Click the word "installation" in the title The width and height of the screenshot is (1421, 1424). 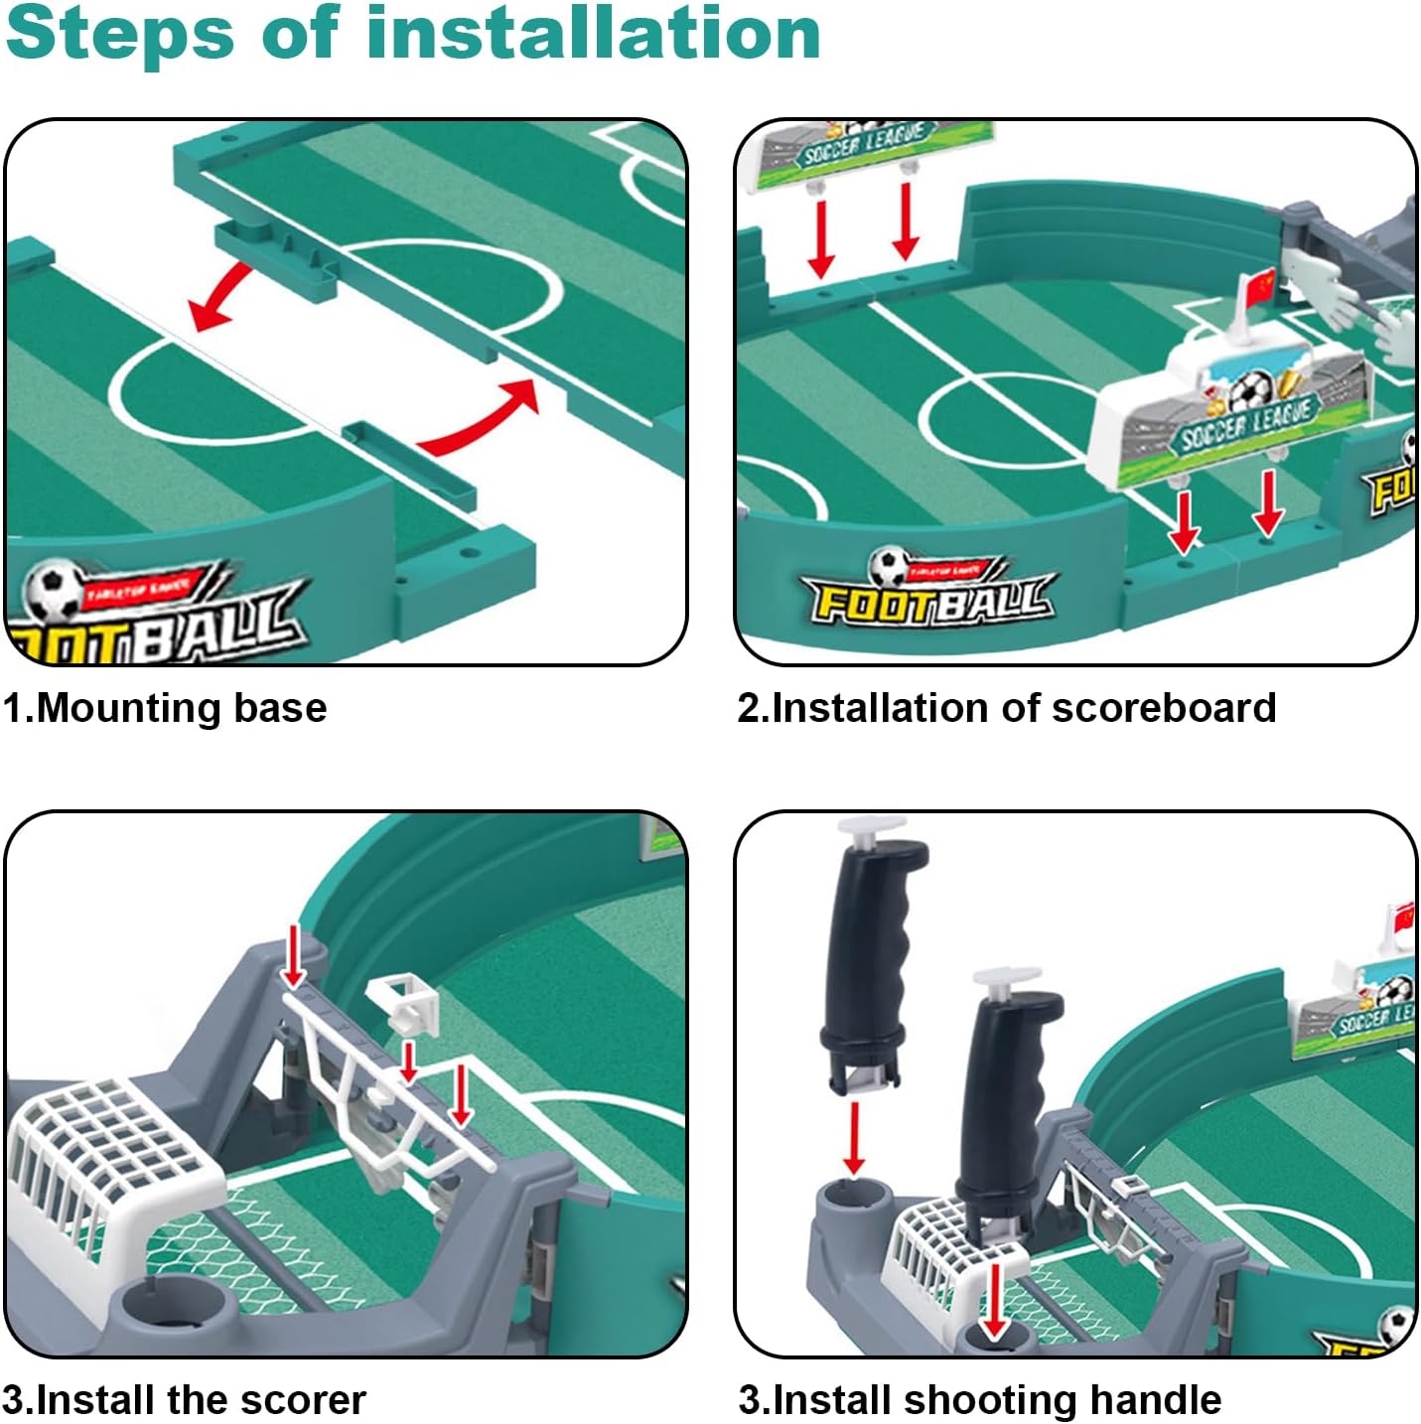pyautogui.click(x=593, y=34)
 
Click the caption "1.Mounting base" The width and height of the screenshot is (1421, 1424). pyautogui.click(x=165, y=708)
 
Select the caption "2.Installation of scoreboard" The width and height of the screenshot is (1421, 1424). pyautogui.click(x=1006, y=708)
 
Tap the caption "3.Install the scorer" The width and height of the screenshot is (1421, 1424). pyautogui.click(x=184, y=1399)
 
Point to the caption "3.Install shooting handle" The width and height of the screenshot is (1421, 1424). pyautogui.click(x=979, y=1399)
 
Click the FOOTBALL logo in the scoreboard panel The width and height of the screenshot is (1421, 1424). pyautogui.click(x=930, y=592)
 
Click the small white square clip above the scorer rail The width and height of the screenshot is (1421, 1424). pyautogui.click(x=404, y=1003)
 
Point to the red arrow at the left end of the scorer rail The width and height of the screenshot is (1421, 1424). pyautogui.click(x=293, y=954)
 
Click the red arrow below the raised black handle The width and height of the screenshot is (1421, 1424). pyautogui.click(x=853, y=1138)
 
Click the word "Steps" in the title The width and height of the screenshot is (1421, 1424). pyautogui.click(x=118, y=34)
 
